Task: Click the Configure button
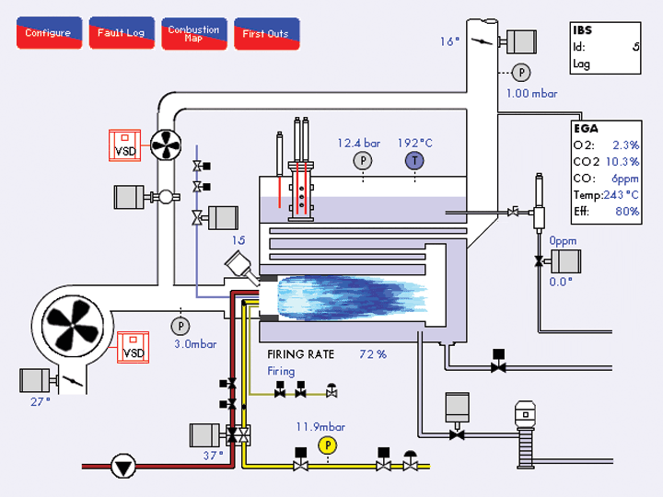(x=48, y=33)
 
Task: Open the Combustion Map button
(x=193, y=33)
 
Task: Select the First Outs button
(x=266, y=33)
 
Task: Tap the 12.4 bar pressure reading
(x=359, y=143)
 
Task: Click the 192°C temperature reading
(x=415, y=143)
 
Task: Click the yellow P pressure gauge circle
(x=328, y=445)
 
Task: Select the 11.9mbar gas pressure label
(x=320, y=426)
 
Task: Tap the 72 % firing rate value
(x=373, y=353)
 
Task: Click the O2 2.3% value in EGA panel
(x=626, y=145)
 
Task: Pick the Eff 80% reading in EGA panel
(x=628, y=212)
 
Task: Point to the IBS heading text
(x=582, y=30)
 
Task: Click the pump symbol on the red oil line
(x=122, y=467)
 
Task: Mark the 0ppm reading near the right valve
(x=563, y=240)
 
